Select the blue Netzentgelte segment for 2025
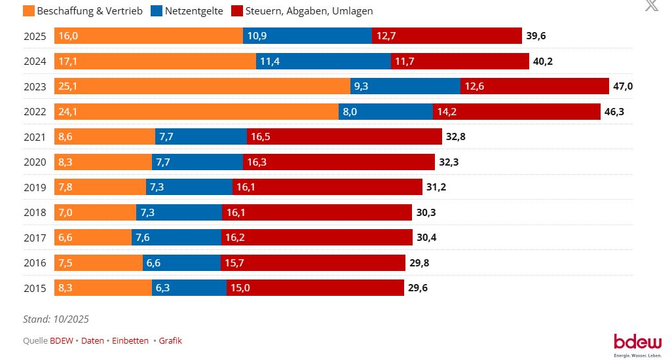(x=308, y=36)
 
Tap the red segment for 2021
(x=345, y=137)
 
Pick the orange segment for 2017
(x=94, y=237)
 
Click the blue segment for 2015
(x=189, y=287)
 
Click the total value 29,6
(x=418, y=287)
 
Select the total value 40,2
(x=543, y=62)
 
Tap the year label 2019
(x=35, y=187)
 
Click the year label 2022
(x=35, y=112)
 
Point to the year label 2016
(x=35, y=262)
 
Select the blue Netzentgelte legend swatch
(x=158, y=11)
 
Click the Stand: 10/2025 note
(x=56, y=319)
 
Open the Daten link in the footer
(x=93, y=340)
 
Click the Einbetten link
(x=130, y=340)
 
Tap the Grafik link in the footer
(x=170, y=340)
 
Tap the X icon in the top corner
(x=651, y=6)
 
